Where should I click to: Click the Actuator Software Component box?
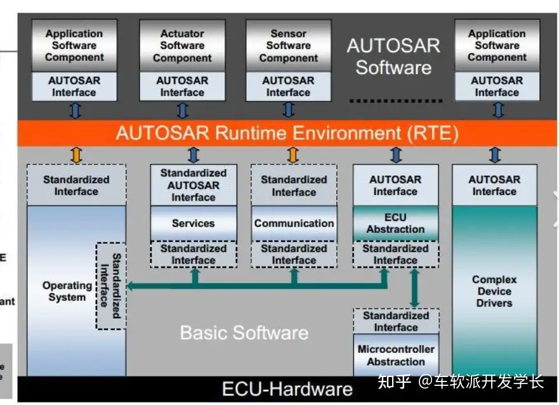click(182, 46)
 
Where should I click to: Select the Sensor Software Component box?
click(288, 46)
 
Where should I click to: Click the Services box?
click(193, 223)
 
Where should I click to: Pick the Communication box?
click(294, 223)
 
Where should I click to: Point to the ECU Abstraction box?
click(395, 223)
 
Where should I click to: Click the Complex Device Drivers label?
click(494, 291)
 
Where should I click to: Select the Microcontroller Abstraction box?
click(395, 355)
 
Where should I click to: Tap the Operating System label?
click(67, 291)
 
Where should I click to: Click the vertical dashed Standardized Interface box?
click(110, 286)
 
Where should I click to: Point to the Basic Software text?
click(244, 333)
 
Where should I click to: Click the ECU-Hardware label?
click(287, 388)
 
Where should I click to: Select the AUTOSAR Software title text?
click(393, 56)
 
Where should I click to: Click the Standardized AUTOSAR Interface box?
click(193, 185)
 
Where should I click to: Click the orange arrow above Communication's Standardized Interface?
click(293, 154)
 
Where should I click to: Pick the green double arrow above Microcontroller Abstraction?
click(414, 288)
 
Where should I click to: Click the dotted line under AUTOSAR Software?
click(395, 101)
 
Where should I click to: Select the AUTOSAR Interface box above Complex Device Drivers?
click(494, 185)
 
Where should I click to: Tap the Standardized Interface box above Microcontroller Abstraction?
click(395, 321)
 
